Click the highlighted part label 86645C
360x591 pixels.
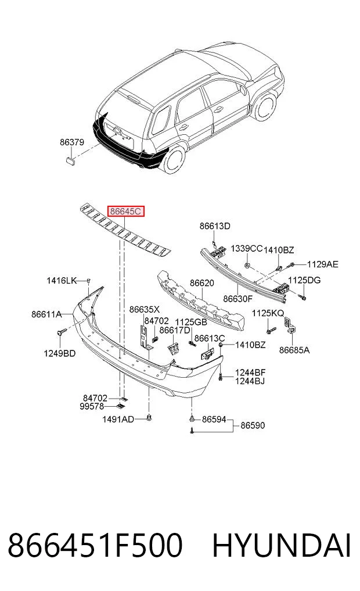(126, 212)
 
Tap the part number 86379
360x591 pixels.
(72, 142)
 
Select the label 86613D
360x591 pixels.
(215, 226)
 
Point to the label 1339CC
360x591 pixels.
(246, 249)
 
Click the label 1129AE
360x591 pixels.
(323, 264)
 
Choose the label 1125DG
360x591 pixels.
(304, 281)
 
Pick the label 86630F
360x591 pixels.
(237, 299)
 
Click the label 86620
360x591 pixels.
(202, 283)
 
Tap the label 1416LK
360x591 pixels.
(62, 281)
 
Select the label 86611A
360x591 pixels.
(46, 314)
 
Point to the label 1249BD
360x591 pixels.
(59, 353)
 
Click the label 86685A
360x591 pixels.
(294, 350)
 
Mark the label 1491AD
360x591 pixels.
(118, 419)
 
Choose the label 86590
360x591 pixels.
(253, 425)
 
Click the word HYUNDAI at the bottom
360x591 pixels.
(282, 545)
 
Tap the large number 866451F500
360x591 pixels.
(95, 545)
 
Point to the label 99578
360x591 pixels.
(92, 407)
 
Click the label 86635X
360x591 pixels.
(145, 309)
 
